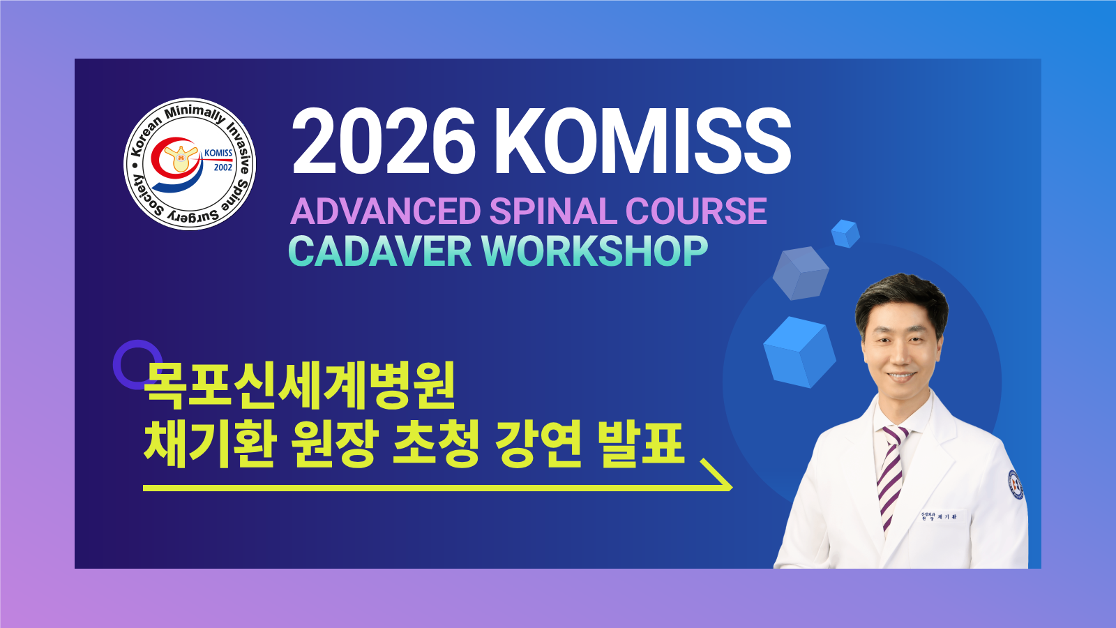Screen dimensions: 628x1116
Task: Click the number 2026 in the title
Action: (x=384, y=142)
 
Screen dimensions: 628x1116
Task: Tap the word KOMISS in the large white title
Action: (x=642, y=142)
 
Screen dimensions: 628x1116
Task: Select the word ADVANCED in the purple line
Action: (x=385, y=211)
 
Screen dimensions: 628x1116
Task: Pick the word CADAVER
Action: (x=379, y=251)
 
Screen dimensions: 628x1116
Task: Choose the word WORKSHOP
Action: (x=594, y=251)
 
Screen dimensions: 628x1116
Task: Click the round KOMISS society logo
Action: (x=190, y=163)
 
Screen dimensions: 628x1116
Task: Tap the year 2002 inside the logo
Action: (x=223, y=167)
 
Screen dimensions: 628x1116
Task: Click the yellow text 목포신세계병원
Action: (x=300, y=385)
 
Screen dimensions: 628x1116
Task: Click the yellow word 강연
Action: (x=538, y=444)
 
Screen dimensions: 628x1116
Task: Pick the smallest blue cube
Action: (x=845, y=233)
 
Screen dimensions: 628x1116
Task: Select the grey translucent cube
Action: (x=801, y=273)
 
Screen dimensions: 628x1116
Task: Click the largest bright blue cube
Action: (x=799, y=352)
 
